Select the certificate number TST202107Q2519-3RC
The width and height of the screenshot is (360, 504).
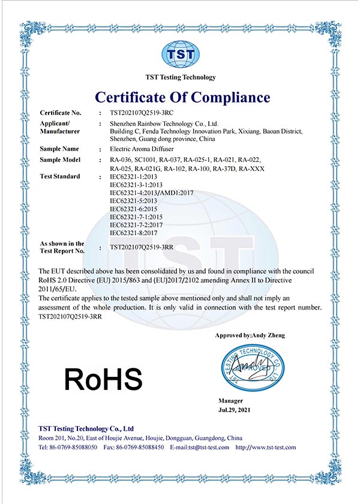click(142, 113)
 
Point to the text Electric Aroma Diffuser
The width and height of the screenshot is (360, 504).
click(142, 148)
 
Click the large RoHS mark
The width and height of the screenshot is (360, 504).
click(103, 379)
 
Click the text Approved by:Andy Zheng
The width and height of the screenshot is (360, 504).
click(250, 335)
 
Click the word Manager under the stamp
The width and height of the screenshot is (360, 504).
click(231, 400)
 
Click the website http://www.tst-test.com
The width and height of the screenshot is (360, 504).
click(266, 448)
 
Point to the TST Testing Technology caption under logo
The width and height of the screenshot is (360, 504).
click(180, 77)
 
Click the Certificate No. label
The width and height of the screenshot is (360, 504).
click(60, 113)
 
